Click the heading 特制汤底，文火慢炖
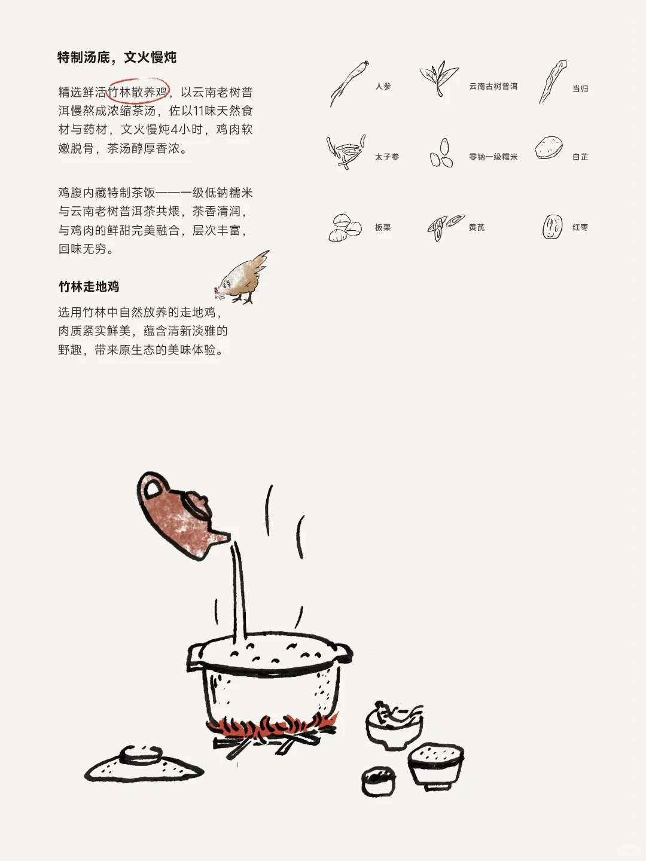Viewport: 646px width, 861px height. click(117, 57)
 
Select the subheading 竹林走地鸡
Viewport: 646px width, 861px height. click(89, 286)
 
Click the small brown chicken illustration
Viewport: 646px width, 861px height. click(243, 278)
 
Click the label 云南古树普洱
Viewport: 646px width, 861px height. click(493, 86)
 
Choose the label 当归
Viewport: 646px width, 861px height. click(580, 88)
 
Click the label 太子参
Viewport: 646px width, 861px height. click(386, 157)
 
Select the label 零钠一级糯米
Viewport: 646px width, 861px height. click(493, 157)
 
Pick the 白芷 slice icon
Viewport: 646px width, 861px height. click(549, 148)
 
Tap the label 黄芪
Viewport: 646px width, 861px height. click(476, 227)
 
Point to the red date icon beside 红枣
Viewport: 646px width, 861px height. click(552, 227)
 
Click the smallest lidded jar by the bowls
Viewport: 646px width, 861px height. click(378, 781)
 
